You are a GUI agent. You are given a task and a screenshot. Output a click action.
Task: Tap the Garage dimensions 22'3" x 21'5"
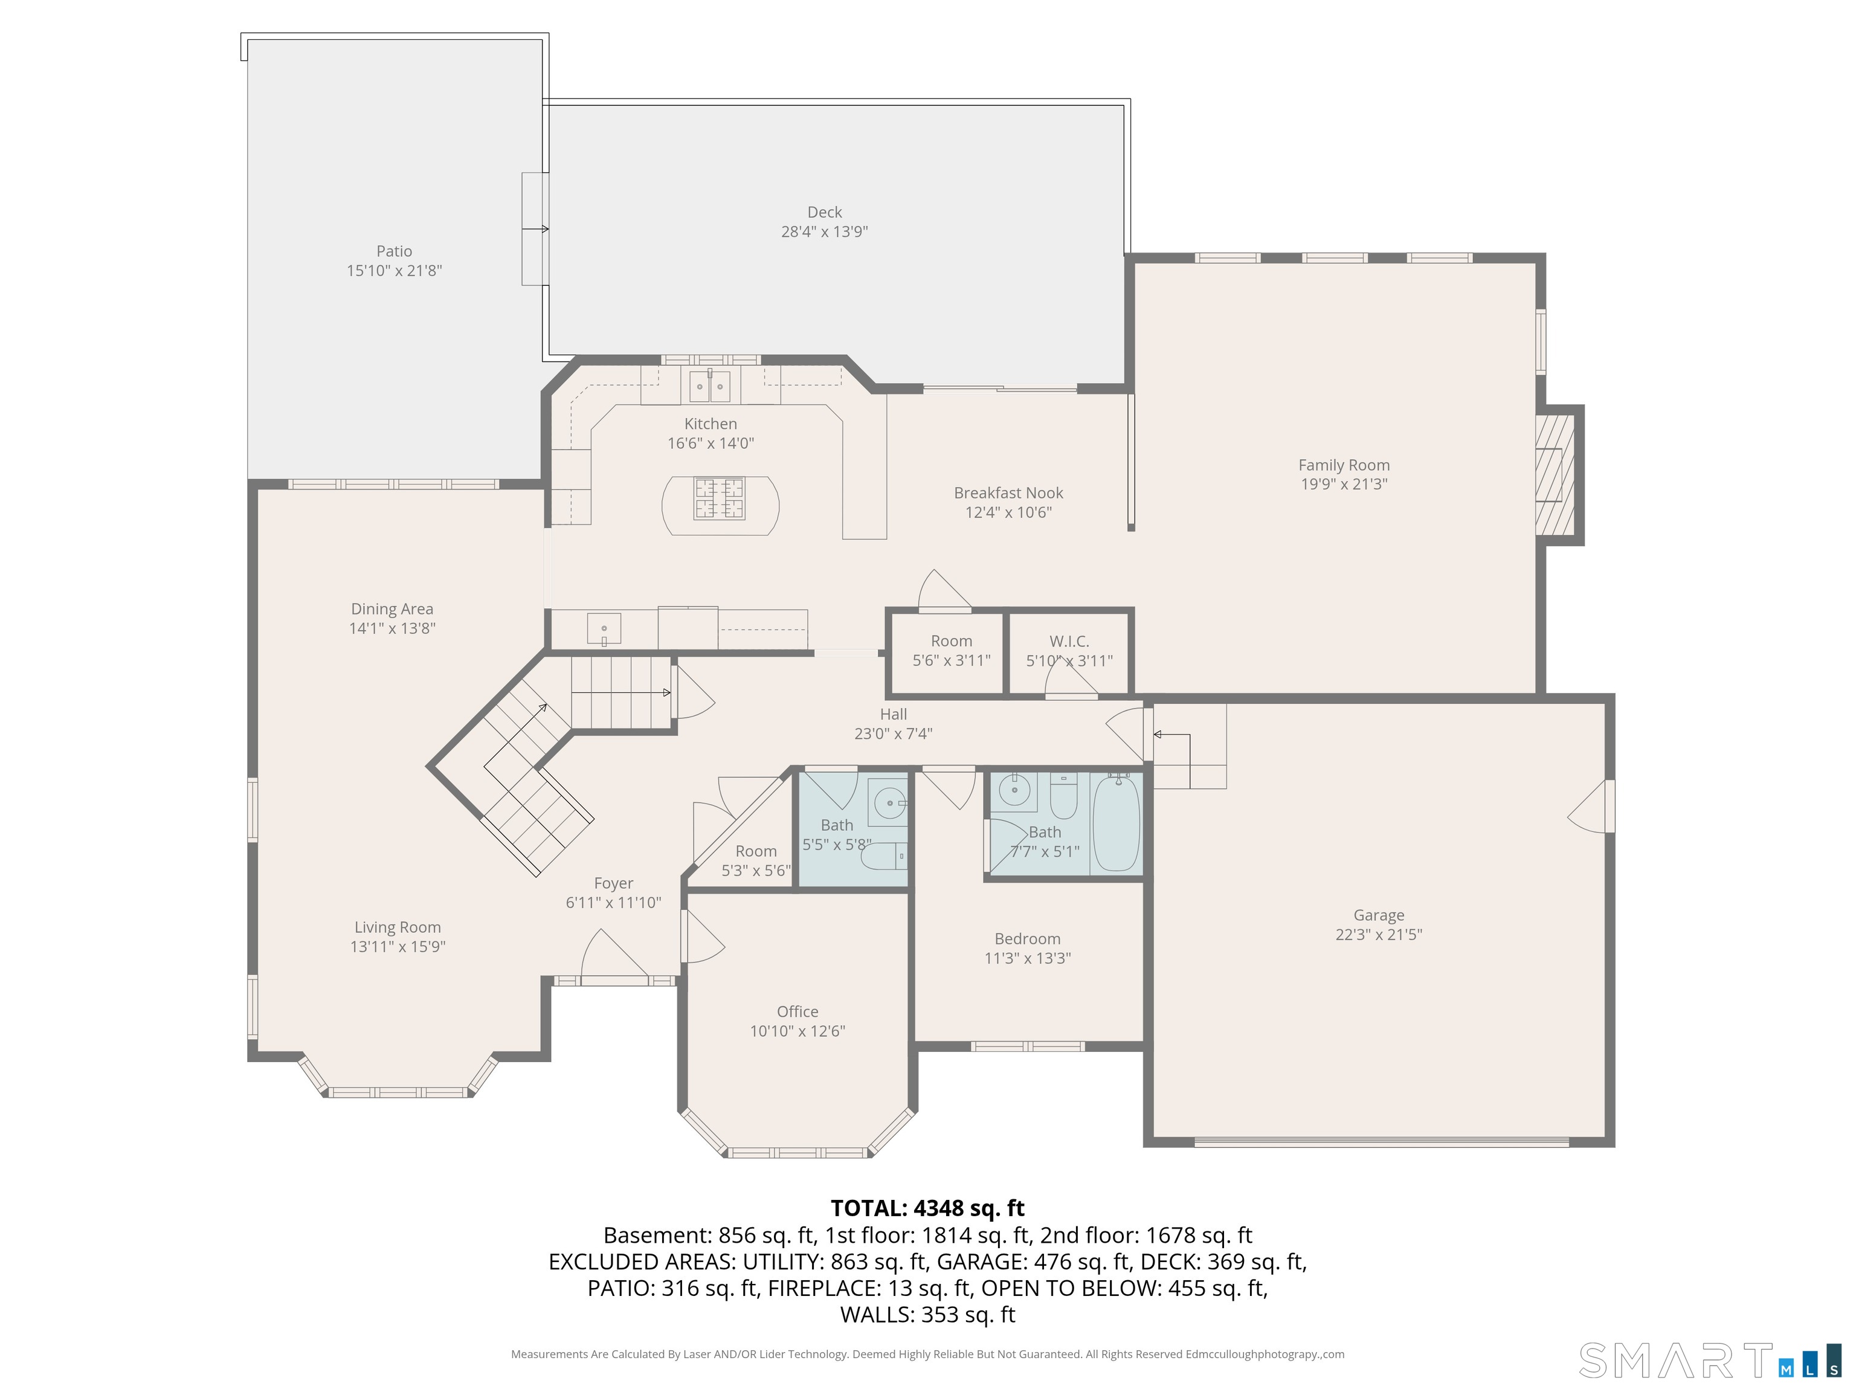click(x=1379, y=935)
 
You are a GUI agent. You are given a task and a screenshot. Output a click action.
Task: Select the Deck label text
click(x=824, y=212)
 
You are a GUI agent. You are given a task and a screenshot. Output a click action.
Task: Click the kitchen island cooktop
click(x=719, y=498)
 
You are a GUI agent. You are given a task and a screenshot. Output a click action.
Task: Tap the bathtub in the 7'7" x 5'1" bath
click(x=1116, y=823)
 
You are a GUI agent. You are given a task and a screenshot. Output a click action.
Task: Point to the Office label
click(x=797, y=1012)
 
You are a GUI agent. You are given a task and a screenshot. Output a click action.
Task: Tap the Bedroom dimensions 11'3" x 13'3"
click(x=1027, y=958)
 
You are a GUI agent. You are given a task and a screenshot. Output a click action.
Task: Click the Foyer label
click(x=613, y=883)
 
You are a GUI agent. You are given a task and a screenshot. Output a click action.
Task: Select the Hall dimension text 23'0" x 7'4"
click(x=893, y=734)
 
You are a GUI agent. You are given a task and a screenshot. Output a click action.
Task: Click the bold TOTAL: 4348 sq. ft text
click(x=927, y=1208)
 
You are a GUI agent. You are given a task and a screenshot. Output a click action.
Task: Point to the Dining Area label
click(x=392, y=609)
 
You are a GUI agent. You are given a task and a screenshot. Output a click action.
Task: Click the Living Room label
click(x=397, y=927)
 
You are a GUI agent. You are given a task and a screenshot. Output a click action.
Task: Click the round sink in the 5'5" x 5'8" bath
click(x=888, y=803)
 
